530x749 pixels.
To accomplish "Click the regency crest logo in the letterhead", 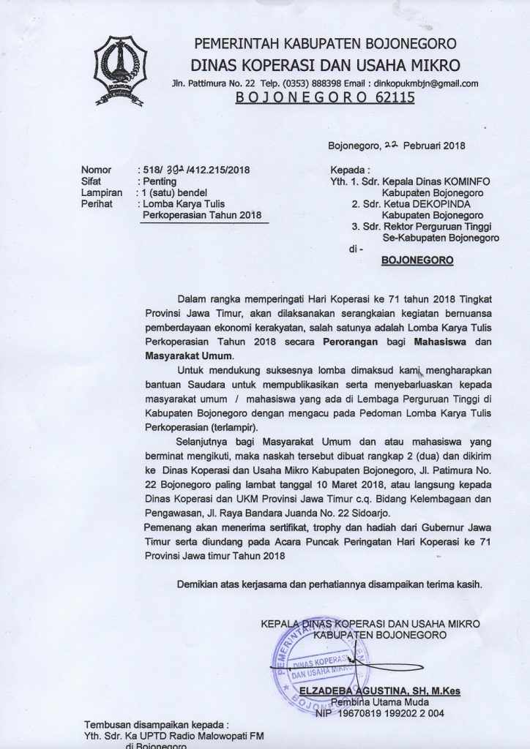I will pyautogui.click(x=120, y=69).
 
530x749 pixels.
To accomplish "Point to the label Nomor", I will pyautogui.click(x=97, y=170).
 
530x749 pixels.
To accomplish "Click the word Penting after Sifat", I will pyautogui.click(x=159, y=181).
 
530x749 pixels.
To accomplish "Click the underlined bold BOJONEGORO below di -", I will pyautogui.click(x=418, y=260).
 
